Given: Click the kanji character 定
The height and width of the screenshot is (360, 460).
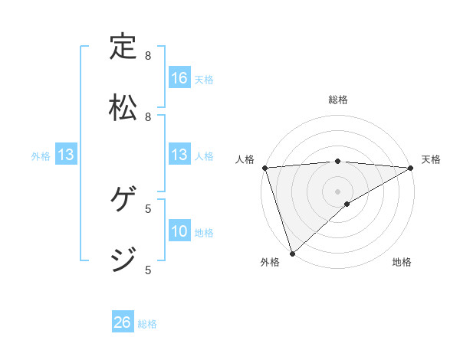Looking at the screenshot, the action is click(123, 47).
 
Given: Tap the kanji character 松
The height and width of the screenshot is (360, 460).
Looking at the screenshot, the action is click(123, 108).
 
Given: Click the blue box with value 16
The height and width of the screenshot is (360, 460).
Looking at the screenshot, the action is click(179, 78).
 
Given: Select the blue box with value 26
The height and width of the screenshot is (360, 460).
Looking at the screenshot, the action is click(123, 322).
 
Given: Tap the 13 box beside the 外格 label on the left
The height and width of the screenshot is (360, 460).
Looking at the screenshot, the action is click(66, 155).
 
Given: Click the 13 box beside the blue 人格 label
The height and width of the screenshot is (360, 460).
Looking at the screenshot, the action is click(179, 155).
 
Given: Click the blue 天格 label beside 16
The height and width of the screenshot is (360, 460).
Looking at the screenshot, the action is click(204, 79).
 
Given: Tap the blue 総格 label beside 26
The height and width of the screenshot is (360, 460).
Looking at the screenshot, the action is click(147, 324).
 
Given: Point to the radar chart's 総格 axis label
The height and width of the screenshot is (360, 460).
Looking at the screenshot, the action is click(338, 100).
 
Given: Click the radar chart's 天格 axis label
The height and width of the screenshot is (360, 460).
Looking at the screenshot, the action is click(431, 159).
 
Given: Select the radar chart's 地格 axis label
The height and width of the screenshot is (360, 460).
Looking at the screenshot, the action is click(402, 262).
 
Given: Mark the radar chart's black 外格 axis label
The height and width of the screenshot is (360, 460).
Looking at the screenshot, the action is click(270, 262).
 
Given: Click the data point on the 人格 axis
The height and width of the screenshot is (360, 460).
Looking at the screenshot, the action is click(264, 168).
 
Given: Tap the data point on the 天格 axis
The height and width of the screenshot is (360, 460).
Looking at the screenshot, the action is click(411, 168).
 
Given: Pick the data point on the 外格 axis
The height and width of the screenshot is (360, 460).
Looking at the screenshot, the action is click(292, 254).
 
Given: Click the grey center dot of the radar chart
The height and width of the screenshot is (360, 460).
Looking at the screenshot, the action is click(338, 191).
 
